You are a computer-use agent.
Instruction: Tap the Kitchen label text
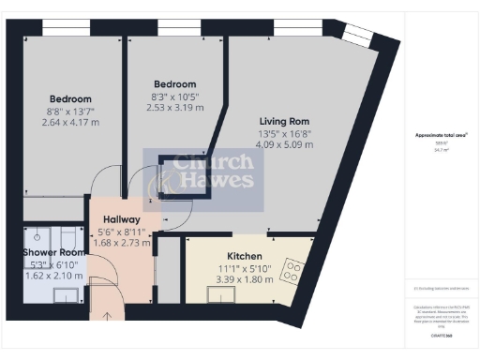(x=244, y=256)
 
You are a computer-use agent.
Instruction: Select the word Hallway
(x=122, y=219)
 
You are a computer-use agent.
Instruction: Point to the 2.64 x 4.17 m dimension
(x=71, y=121)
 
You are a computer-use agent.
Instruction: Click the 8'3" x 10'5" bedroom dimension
(x=174, y=96)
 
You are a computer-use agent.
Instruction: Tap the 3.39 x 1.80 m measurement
(x=244, y=279)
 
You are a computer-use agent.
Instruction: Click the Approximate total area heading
(x=442, y=135)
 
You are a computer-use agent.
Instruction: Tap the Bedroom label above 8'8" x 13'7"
(x=71, y=98)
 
